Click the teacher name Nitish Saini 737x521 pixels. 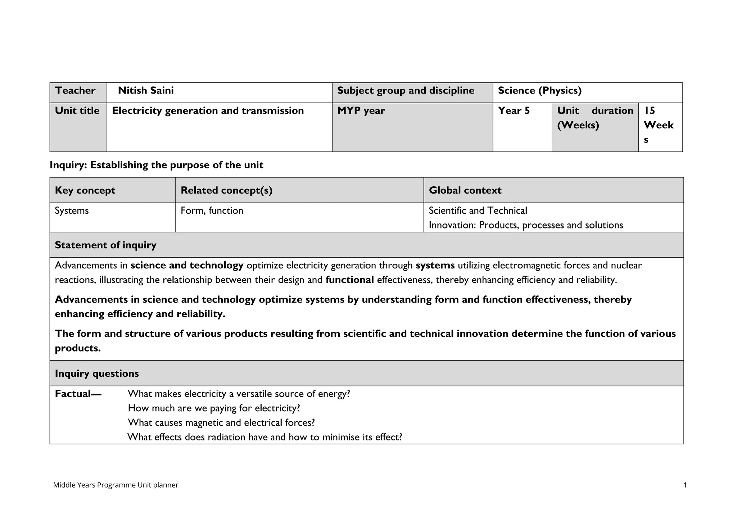coord(146,91)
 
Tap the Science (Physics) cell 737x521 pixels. coord(539,91)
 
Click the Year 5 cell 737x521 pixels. coord(514,111)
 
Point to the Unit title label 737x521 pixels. coord(77,111)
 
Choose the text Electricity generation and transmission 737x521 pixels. coord(208,111)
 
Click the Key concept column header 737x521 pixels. coord(85,190)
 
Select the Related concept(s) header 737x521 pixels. coord(226,190)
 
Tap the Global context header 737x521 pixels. coord(465,190)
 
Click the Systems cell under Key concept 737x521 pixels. coord(72,210)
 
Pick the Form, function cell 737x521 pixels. coord(212,210)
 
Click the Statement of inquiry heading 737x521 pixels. coord(105,245)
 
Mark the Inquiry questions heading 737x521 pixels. coord(96,373)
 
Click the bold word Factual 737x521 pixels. coord(77,394)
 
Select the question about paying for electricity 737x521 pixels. coord(214,408)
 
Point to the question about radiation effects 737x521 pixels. coord(264,437)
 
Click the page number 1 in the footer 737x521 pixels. coord(685,485)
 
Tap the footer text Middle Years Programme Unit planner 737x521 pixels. coord(116,485)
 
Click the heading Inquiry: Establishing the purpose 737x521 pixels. coord(156,165)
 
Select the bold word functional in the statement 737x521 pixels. coord(349,280)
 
